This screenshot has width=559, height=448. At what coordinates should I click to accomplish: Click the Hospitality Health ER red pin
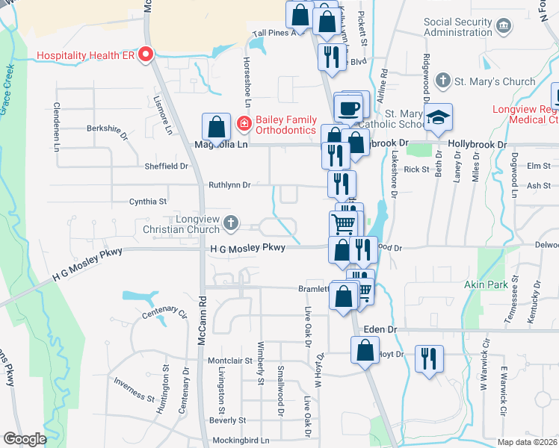tap(146, 55)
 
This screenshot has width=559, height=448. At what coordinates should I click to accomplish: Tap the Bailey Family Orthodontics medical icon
tap(243, 122)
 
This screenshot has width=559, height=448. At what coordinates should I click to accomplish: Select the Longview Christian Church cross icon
tap(232, 222)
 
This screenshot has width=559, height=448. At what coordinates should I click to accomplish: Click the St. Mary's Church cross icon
tap(443, 81)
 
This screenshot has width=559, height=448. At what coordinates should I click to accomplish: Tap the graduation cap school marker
tap(439, 118)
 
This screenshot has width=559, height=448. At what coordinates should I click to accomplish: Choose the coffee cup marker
tap(348, 108)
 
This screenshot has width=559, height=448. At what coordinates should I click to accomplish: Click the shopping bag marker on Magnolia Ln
tap(216, 128)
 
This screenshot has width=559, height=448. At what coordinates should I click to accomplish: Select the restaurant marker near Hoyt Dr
tap(429, 358)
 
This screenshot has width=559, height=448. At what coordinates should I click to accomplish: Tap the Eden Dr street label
tap(379, 329)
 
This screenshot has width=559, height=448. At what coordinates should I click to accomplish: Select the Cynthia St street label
tap(148, 201)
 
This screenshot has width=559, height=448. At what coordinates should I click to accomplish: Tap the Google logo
tap(25, 439)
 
